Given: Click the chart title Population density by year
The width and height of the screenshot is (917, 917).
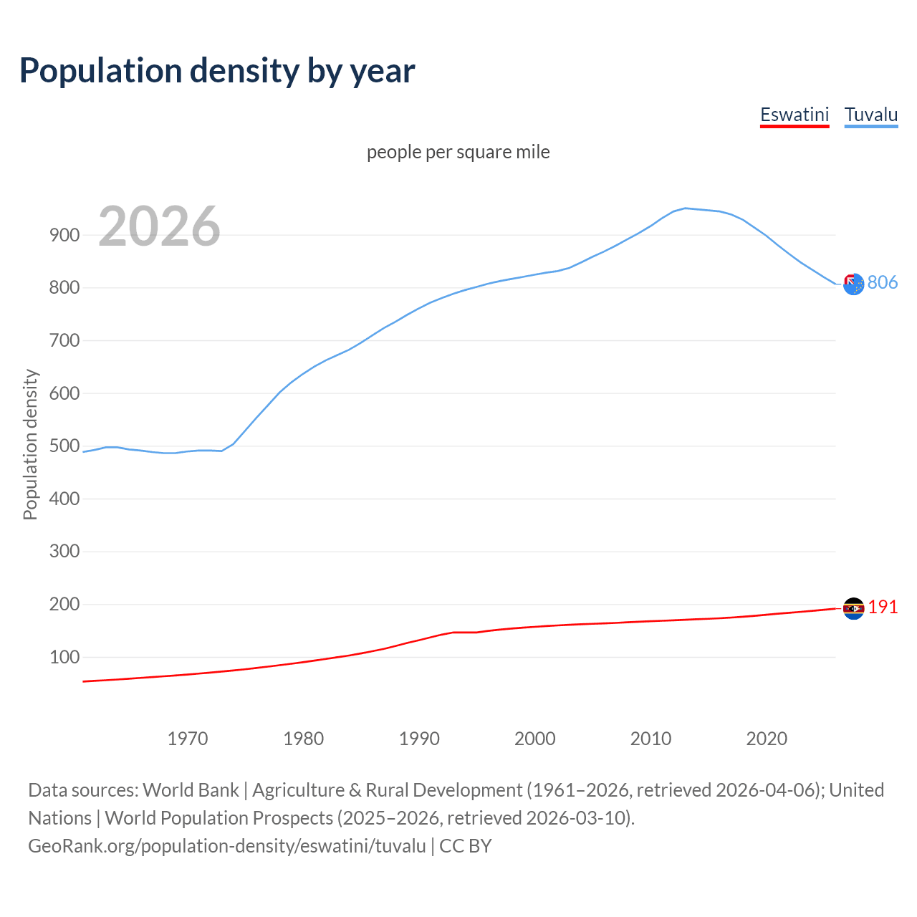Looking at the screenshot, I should tap(217, 71).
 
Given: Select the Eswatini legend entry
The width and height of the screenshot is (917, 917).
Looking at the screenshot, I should tap(794, 115).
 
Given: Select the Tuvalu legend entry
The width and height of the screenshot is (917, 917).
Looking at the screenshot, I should tap(871, 115).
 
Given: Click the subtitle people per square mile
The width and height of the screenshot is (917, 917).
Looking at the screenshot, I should tap(458, 152).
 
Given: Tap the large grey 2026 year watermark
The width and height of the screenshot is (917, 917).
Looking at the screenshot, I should tap(159, 226).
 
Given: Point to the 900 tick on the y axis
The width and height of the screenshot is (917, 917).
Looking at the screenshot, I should tap(64, 235).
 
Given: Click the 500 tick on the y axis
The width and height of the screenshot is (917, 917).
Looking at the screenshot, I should tap(64, 446).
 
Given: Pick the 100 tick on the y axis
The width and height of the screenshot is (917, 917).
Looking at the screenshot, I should tap(64, 657).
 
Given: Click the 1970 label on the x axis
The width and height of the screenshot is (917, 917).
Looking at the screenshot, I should tap(188, 739).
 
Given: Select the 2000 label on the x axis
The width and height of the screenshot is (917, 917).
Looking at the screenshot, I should tap(535, 739).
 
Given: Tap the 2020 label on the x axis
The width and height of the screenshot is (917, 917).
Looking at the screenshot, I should tap(767, 739).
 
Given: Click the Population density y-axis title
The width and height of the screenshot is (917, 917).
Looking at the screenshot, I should tap(30, 444).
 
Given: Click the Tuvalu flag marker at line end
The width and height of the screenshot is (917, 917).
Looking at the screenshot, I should tap(853, 284).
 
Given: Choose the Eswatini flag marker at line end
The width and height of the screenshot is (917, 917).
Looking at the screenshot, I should tap(853, 608).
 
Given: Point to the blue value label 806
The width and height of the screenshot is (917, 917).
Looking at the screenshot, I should tap(883, 282).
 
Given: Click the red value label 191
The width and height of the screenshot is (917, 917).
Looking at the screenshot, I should tap(883, 607).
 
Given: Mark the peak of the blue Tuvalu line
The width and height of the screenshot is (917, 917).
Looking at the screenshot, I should tap(686, 208).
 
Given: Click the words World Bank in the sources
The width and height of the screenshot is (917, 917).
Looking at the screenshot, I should tap(191, 790).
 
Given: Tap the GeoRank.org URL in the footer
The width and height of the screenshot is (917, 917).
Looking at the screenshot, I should tap(227, 846).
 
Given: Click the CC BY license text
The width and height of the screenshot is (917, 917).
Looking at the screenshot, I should tap(466, 846).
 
